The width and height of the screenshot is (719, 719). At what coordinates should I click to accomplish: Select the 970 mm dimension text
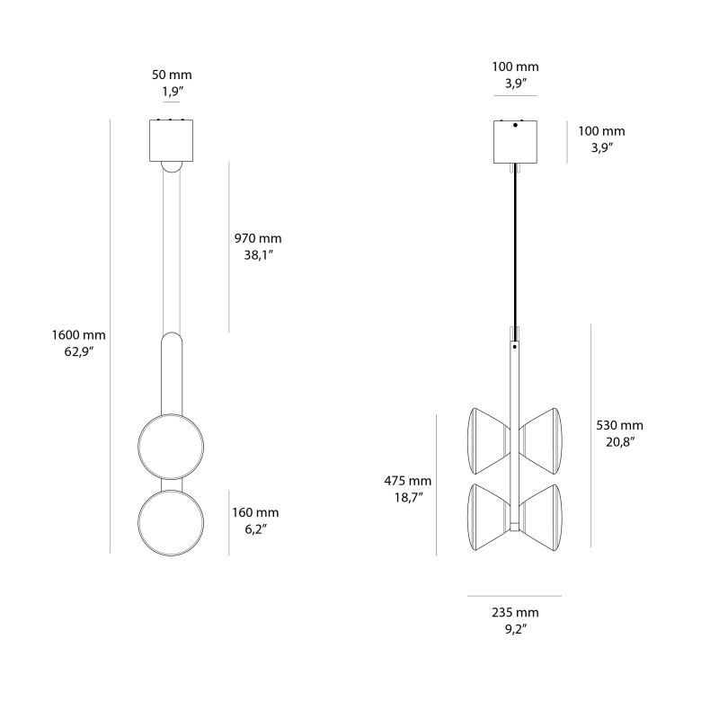coord(258,238)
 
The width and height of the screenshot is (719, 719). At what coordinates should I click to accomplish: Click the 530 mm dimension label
coord(620,425)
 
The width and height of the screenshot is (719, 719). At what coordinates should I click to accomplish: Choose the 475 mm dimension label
coord(408,481)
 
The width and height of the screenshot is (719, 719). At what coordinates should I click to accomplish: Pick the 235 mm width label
coord(514,613)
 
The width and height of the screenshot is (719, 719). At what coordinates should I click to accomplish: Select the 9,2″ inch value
coord(514,629)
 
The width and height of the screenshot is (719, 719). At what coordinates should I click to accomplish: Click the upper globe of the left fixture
coord(170,446)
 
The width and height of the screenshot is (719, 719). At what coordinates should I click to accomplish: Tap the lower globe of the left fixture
coord(170,523)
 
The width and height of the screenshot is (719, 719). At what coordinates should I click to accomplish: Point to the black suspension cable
coord(515,243)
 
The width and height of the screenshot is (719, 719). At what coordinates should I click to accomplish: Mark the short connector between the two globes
coord(170,485)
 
